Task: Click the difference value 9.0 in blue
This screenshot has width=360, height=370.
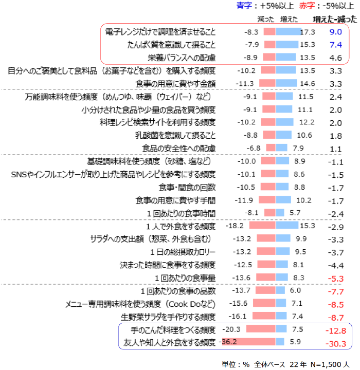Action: coord(336,31)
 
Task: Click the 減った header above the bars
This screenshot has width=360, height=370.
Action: coord(266,19)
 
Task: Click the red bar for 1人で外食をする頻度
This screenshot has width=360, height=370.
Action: coord(262,226)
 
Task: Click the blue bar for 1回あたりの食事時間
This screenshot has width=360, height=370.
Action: coord(280,213)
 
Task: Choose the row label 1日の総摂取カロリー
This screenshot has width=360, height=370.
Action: coord(183,252)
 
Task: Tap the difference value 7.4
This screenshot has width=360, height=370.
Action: coord(336,45)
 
